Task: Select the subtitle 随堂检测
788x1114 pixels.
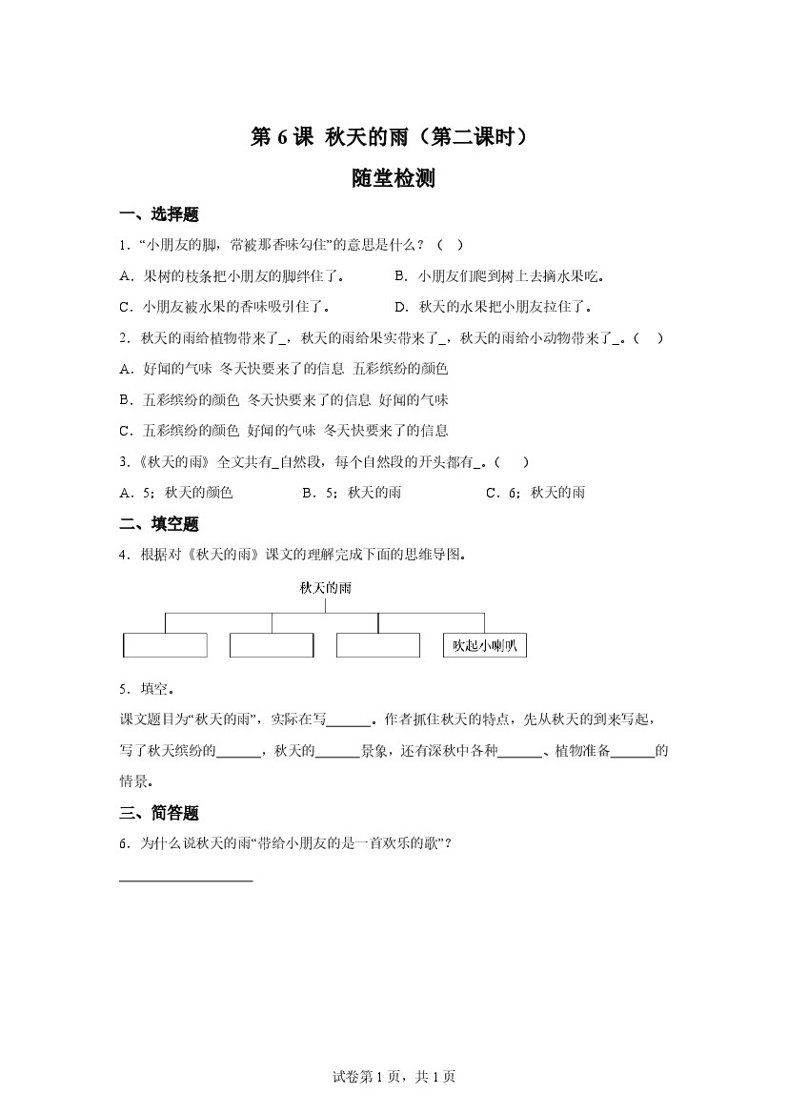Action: (394, 178)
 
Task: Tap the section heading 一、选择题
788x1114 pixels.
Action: (159, 214)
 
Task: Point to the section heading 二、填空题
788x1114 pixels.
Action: (159, 523)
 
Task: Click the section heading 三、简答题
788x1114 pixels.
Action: (159, 813)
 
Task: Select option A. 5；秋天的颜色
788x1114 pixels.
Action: (176, 493)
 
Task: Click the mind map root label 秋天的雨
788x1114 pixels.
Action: (325, 588)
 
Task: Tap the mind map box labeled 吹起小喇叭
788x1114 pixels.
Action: (485, 645)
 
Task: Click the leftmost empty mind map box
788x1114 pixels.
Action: (165, 645)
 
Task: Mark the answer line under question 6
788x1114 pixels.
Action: (186, 880)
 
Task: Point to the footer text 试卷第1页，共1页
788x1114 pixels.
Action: (394, 1077)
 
